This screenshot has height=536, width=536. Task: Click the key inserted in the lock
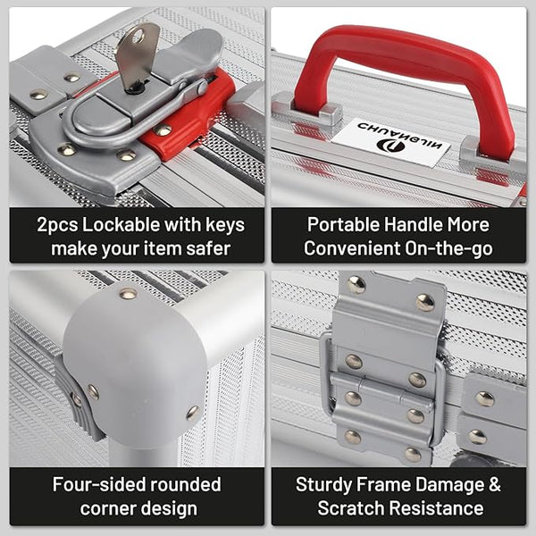point(136,56)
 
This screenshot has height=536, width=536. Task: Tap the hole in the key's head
point(138,36)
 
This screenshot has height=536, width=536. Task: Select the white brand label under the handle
point(390,142)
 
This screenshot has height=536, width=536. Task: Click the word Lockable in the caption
point(121,225)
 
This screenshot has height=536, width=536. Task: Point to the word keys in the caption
point(225,226)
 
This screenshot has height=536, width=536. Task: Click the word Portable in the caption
point(343,225)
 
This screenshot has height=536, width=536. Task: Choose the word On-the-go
point(448,249)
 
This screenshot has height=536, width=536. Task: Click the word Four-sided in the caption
point(98,485)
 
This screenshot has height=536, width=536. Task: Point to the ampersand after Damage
point(494,485)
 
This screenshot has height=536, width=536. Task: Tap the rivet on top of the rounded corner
point(128,293)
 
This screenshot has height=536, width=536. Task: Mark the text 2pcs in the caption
point(57,226)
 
